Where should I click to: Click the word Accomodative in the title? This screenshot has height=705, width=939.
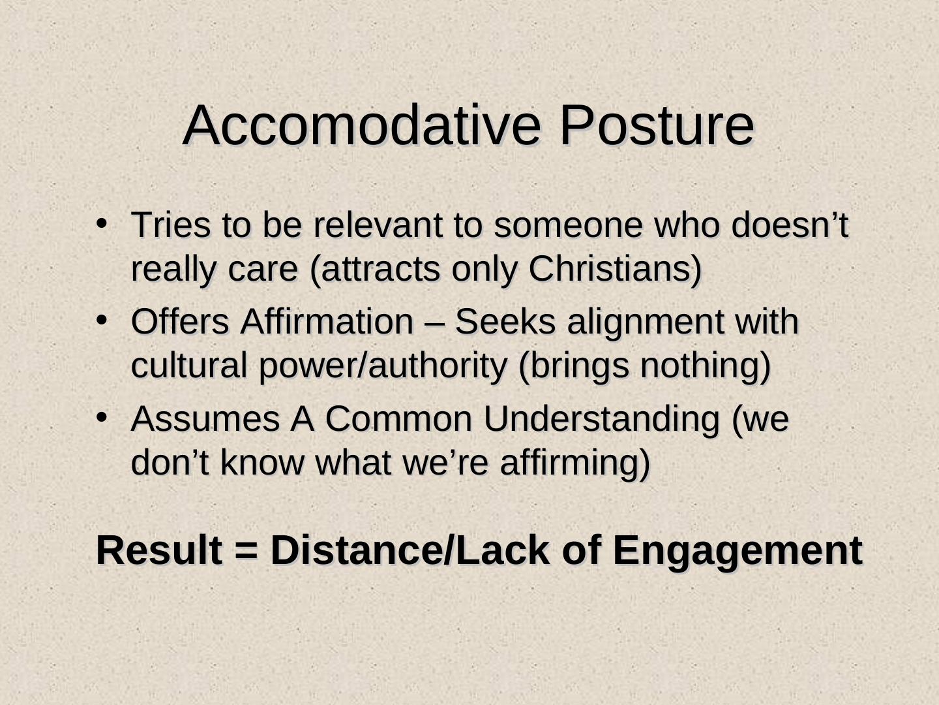(x=361, y=125)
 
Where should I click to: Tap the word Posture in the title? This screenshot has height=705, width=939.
(x=657, y=125)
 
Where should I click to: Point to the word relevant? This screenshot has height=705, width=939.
(x=378, y=225)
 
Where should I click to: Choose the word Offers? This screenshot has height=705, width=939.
(x=180, y=321)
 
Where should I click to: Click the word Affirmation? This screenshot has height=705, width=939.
(x=327, y=321)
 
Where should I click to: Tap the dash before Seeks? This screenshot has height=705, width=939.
(x=434, y=324)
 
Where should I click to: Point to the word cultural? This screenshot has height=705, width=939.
(x=189, y=365)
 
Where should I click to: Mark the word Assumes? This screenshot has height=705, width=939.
(x=205, y=418)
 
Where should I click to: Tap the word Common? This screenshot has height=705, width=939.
(x=398, y=418)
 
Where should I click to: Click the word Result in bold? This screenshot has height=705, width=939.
(x=159, y=550)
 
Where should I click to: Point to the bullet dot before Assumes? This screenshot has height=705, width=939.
(x=101, y=417)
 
